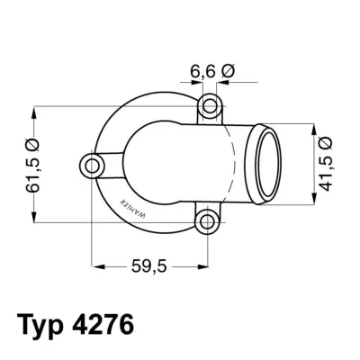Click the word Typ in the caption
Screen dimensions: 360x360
click(x=45, y=324)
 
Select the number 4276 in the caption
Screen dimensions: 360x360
click(x=107, y=324)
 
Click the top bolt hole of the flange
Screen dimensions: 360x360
click(x=209, y=105)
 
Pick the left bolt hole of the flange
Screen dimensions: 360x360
click(x=93, y=165)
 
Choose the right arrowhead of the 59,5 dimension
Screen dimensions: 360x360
click(x=203, y=267)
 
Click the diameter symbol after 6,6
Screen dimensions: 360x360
click(x=226, y=70)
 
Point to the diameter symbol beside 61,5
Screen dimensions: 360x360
click(x=34, y=143)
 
